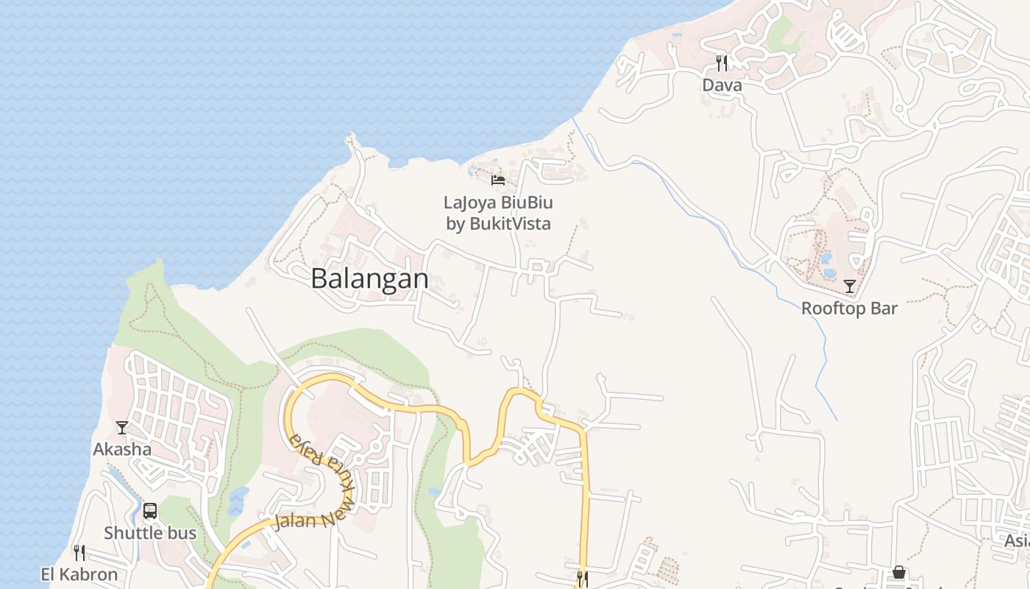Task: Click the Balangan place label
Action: (x=369, y=279)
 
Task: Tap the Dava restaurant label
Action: (x=722, y=85)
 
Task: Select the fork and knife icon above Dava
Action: (x=722, y=63)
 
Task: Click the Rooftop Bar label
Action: (x=849, y=308)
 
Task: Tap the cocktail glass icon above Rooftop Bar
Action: (x=850, y=286)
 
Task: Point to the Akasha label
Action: (x=122, y=449)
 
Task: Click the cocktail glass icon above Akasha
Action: (x=122, y=428)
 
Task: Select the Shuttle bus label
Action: (x=150, y=533)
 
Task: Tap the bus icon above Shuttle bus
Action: (x=150, y=511)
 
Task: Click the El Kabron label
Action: (x=79, y=574)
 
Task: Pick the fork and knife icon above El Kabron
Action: (x=79, y=553)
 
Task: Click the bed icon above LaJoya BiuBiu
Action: (x=498, y=180)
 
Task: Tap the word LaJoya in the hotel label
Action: (x=471, y=202)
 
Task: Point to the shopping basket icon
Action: (x=898, y=572)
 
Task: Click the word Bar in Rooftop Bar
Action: (x=884, y=308)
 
